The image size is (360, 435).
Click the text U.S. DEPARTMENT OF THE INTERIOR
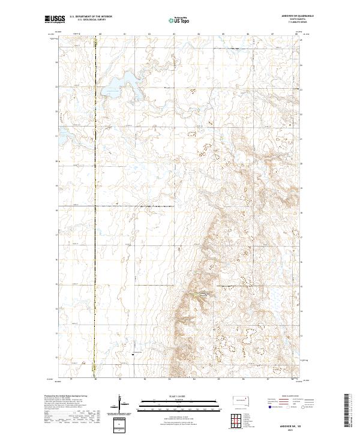[91, 17]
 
